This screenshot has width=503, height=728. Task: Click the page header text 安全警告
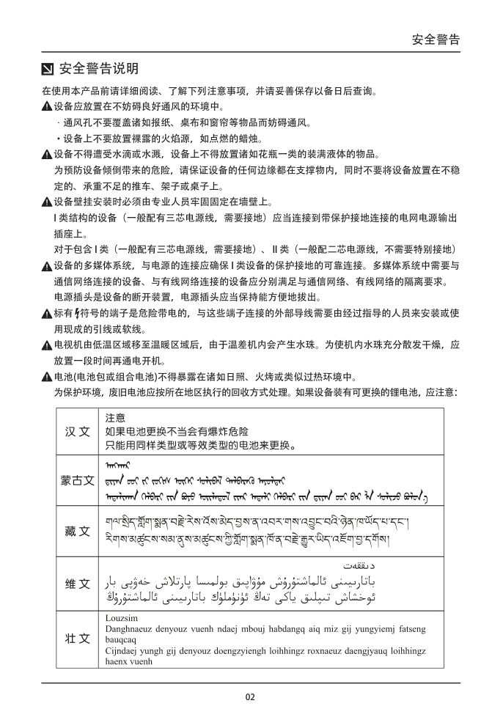[436, 40]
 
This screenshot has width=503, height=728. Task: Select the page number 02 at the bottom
[251, 696]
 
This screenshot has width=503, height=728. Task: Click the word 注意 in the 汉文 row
[115, 418]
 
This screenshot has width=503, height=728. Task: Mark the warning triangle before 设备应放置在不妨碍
[47, 107]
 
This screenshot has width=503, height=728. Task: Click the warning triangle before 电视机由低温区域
[47, 345]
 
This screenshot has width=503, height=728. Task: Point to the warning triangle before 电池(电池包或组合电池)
[47, 378]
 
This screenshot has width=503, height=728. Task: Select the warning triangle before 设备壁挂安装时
[47, 202]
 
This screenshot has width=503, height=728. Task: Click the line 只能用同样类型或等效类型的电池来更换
[200, 445]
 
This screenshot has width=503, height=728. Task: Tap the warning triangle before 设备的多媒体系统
[47, 265]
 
